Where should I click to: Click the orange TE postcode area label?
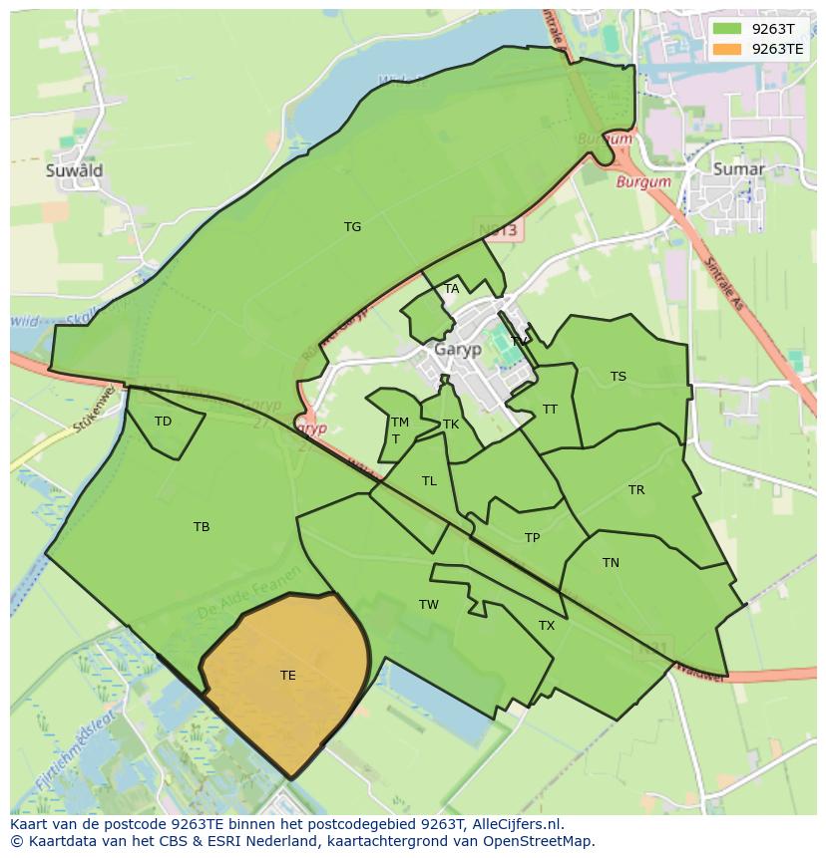pyautogui.click(x=288, y=676)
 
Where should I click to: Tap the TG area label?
pyautogui.click(x=352, y=227)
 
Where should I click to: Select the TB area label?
pyautogui.click(x=202, y=527)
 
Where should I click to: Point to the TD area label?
pyautogui.click(x=163, y=422)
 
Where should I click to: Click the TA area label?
pyautogui.click(x=452, y=289)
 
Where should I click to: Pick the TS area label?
pyautogui.click(x=619, y=377)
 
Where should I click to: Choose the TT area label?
pyautogui.click(x=550, y=410)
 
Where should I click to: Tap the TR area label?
pyautogui.click(x=636, y=490)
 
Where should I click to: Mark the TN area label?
pyautogui.click(x=611, y=563)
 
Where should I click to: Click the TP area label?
pyautogui.click(x=533, y=538)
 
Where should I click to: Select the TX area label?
pyautogui.click(x=547, y=626)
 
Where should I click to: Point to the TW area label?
pyautogui.click(x=429, y=605)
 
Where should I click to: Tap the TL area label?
pyautogui.click(x=429, y=481)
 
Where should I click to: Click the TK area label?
pyautogui.click(x=451, y=425)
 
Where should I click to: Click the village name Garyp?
pyautogui.click(x=458, y=350)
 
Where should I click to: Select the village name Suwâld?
pyautogui.click(x=74, y=170)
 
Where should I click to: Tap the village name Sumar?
pyautogui.click(x=739, y=169)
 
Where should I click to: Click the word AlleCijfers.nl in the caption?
pyautogui.click(x=513, y=824)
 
